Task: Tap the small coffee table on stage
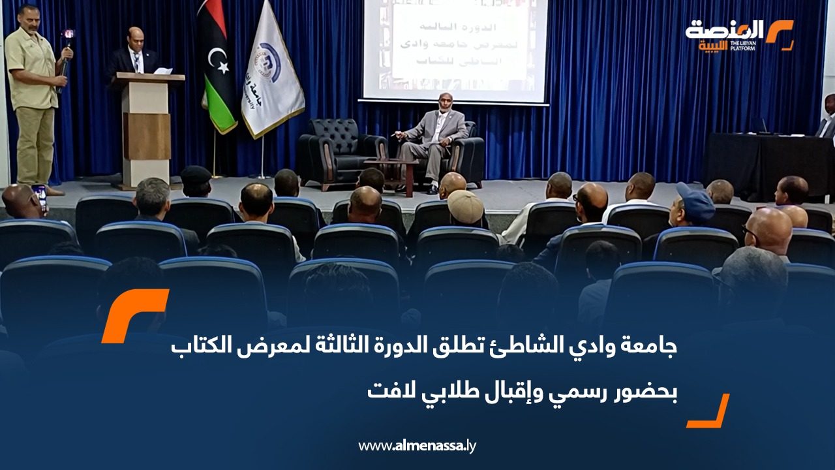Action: click(391, 171)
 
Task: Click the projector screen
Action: click(455, 49)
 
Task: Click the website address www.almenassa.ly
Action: click(417, 446)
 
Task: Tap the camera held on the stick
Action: click(68, 36)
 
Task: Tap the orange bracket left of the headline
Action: click(134, 315)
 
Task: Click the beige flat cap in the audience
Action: click(465, 206)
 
